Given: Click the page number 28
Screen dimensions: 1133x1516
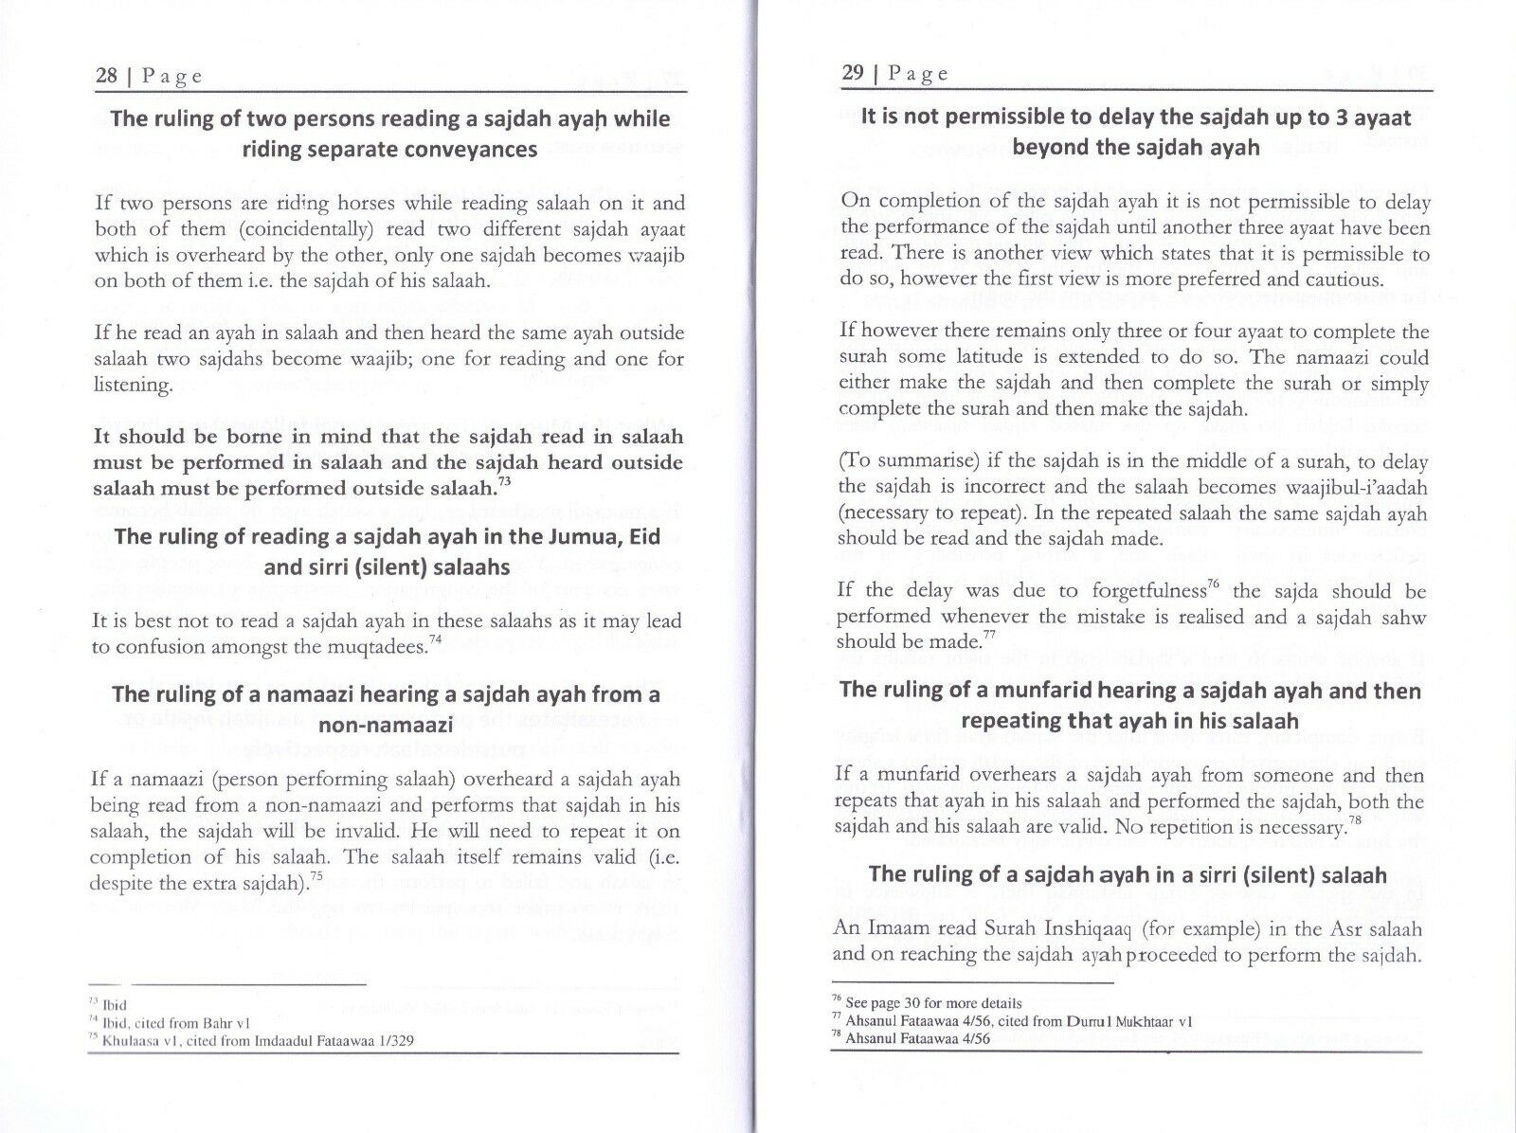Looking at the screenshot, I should click(x=105, y=76).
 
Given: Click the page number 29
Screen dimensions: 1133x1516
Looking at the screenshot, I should click(x=853, y=73).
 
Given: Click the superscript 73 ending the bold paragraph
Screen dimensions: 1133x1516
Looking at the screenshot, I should click(x=506, y=484).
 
